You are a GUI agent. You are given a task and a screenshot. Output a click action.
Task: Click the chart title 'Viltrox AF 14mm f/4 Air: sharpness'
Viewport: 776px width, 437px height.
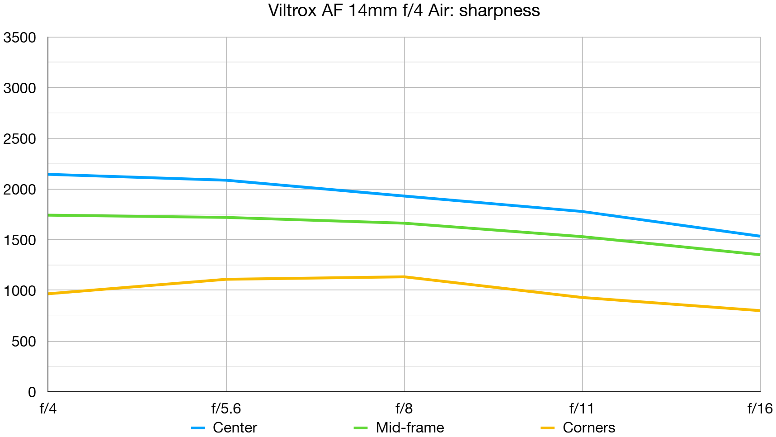[x=404, y=10]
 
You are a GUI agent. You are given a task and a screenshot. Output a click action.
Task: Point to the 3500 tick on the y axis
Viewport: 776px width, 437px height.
[x=19, y=38]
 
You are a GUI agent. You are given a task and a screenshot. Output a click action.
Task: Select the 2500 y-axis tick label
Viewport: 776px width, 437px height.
[x=19, y=139]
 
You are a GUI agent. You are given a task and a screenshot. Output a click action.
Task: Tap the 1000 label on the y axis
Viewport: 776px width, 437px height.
[x=19, y=291]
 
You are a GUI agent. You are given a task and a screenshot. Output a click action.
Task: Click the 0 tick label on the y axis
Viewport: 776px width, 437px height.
[x=32, y=392]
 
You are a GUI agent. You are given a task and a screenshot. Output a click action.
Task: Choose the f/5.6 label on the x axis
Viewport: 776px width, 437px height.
[x=226, y=409]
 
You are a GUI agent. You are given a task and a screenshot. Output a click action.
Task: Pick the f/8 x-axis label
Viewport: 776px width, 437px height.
[x=404, y=409]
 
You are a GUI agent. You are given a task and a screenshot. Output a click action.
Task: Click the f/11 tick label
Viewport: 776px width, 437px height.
[x=582, y=409]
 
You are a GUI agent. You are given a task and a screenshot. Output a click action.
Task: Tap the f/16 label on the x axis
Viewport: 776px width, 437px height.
[x=760, y=409]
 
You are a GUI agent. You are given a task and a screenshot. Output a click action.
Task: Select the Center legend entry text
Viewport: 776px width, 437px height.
[x=235, y=427]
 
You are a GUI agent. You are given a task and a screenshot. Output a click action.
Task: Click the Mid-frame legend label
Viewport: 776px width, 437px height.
[x=410, y=427]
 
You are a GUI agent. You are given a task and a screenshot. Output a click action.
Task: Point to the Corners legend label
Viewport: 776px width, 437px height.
[x=589, y=427]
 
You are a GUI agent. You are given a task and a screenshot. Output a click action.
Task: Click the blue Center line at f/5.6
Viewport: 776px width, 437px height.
[x=226, y=180]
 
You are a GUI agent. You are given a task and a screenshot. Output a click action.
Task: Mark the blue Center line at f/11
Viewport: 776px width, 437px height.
[x=582, y=211]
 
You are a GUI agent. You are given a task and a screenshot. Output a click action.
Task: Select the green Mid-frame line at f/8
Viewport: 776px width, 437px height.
[x=404, y=223]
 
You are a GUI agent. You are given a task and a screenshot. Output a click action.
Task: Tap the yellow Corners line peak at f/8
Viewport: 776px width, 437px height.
[x=404, y=277]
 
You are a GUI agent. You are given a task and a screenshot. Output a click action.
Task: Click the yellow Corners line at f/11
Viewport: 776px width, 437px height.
[x=582, y=297]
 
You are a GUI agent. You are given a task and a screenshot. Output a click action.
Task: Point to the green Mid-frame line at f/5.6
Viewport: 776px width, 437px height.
[x=226, y=218]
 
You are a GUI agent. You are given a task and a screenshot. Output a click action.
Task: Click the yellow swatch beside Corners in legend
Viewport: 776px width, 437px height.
[x=547, y=428]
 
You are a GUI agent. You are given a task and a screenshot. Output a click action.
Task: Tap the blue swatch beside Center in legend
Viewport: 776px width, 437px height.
[x=198, y=428]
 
